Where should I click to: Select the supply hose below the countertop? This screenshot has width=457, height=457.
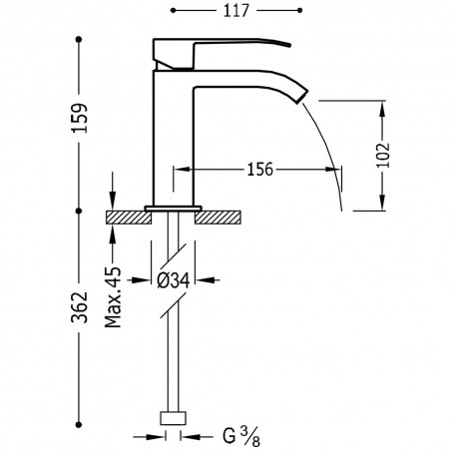177,349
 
